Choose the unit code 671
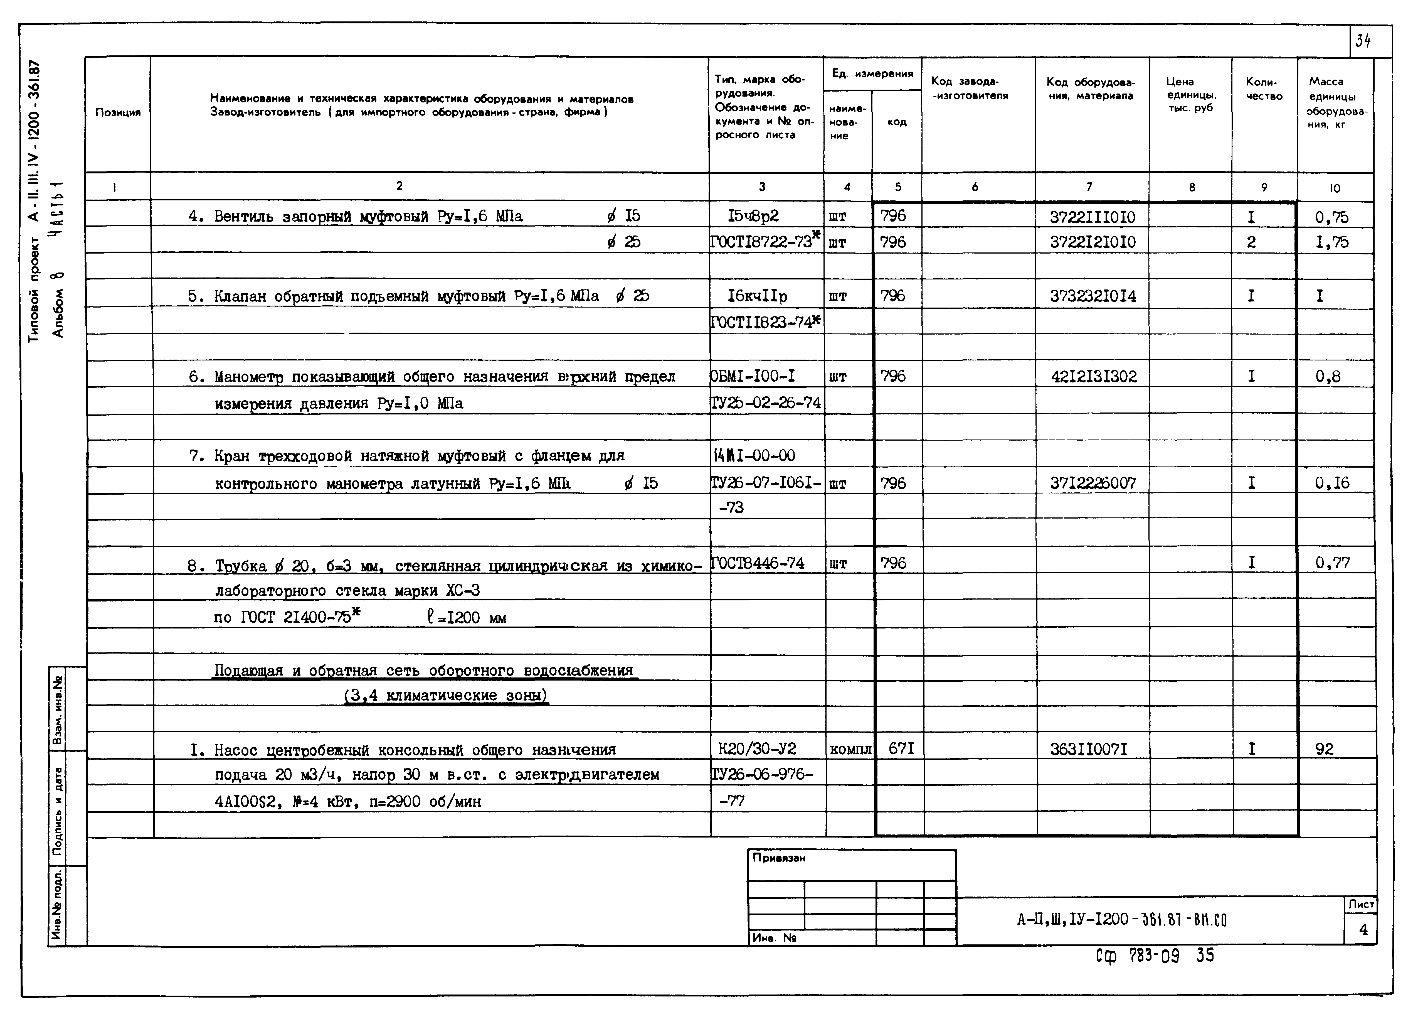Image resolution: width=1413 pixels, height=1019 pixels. click(901, 748)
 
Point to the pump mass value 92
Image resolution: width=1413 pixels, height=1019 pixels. click(1325, 749)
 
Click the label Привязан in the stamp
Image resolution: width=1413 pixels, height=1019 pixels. click(779, 858)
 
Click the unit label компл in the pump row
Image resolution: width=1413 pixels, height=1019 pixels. click(850, 750)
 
